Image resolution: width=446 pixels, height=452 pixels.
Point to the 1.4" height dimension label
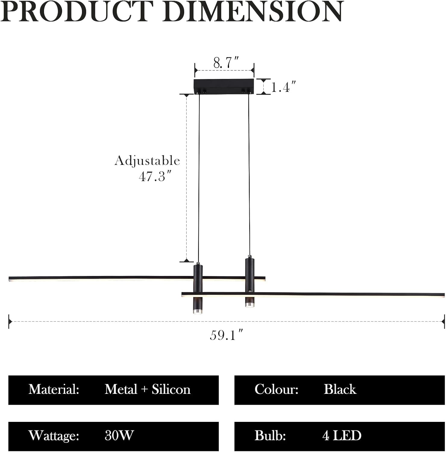tap(283, 87)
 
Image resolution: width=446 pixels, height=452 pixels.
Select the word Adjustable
tap(147, 161)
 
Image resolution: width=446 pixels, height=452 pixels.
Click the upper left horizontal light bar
tap(99, 278)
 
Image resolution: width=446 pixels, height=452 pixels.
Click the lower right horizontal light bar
tap(347, 294)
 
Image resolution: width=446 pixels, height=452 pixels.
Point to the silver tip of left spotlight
tap(197, 311)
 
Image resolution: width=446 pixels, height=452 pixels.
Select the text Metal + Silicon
tap(147, 389)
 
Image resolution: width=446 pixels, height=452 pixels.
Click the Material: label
tap(54, 389)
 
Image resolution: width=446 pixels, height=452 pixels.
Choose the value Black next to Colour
tap(340, 389)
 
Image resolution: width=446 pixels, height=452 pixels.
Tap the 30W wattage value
tap(119, 436)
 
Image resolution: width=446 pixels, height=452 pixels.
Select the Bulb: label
tap(270, 436)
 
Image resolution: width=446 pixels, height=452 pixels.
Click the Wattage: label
tap(54, 436)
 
